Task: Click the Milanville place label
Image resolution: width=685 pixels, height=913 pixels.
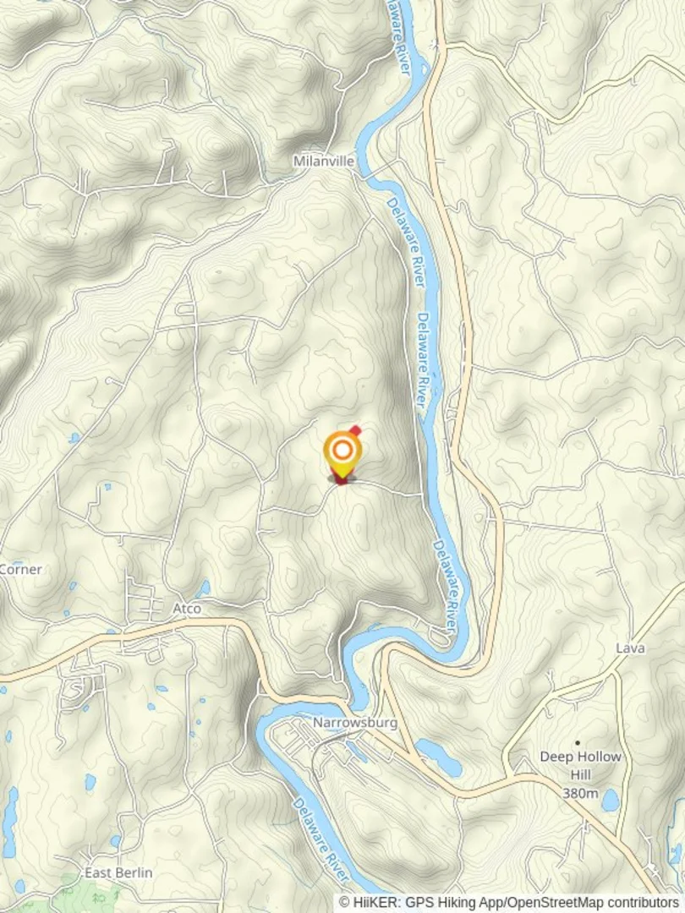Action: tap(324, 161)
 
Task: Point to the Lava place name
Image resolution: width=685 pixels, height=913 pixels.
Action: tap(630, 648)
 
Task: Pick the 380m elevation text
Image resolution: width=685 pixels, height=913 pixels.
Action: tap(580, 793)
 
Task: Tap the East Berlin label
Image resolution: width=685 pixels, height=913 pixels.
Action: tap(118, 872)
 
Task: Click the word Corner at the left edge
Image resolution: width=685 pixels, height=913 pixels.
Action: tap(20, 569)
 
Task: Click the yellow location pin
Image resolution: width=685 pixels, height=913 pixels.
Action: tap(342, 451)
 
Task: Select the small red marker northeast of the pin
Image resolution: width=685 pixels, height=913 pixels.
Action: tap(356, 430)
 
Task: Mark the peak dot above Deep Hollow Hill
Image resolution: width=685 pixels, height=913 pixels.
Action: tap(578, 743)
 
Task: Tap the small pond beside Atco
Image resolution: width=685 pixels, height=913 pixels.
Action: tap(203, 588)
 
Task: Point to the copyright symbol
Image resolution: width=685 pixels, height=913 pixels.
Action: tap(345, 903)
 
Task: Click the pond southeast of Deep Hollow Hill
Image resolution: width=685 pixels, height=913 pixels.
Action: tap(611, 798)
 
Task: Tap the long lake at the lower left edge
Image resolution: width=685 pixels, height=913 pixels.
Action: tap(10, 820)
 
